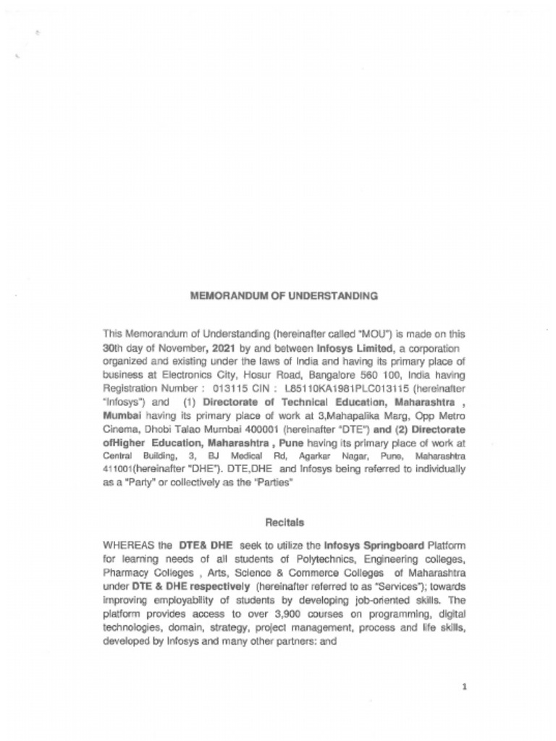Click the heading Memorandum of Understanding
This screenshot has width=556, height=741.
coord(284,295)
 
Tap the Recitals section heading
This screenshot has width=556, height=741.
coord(284,522)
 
